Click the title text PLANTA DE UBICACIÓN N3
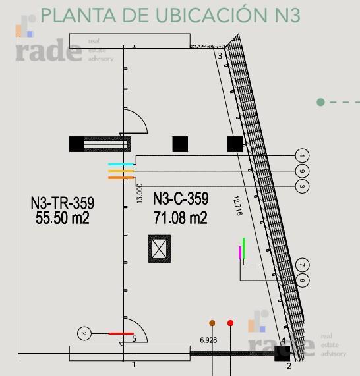171,15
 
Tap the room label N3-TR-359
63,203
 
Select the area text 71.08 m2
181,218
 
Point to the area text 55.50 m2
63,218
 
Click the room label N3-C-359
181,199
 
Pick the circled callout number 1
302,155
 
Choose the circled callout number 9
302,171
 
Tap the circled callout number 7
302,265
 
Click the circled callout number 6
302,281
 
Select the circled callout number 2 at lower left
84,333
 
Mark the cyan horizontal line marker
121,164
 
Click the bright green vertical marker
244,248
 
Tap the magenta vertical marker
240,252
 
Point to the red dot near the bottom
230,323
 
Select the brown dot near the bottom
212,323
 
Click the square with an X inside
159,249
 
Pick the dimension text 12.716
237,205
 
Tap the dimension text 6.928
208,340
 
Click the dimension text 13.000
140,194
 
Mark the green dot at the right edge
320,102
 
